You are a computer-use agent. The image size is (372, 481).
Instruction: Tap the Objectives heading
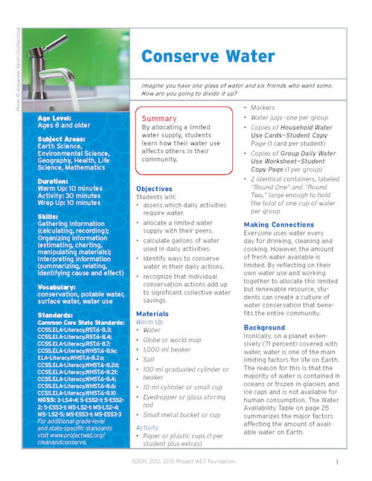(x=154, y=189)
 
